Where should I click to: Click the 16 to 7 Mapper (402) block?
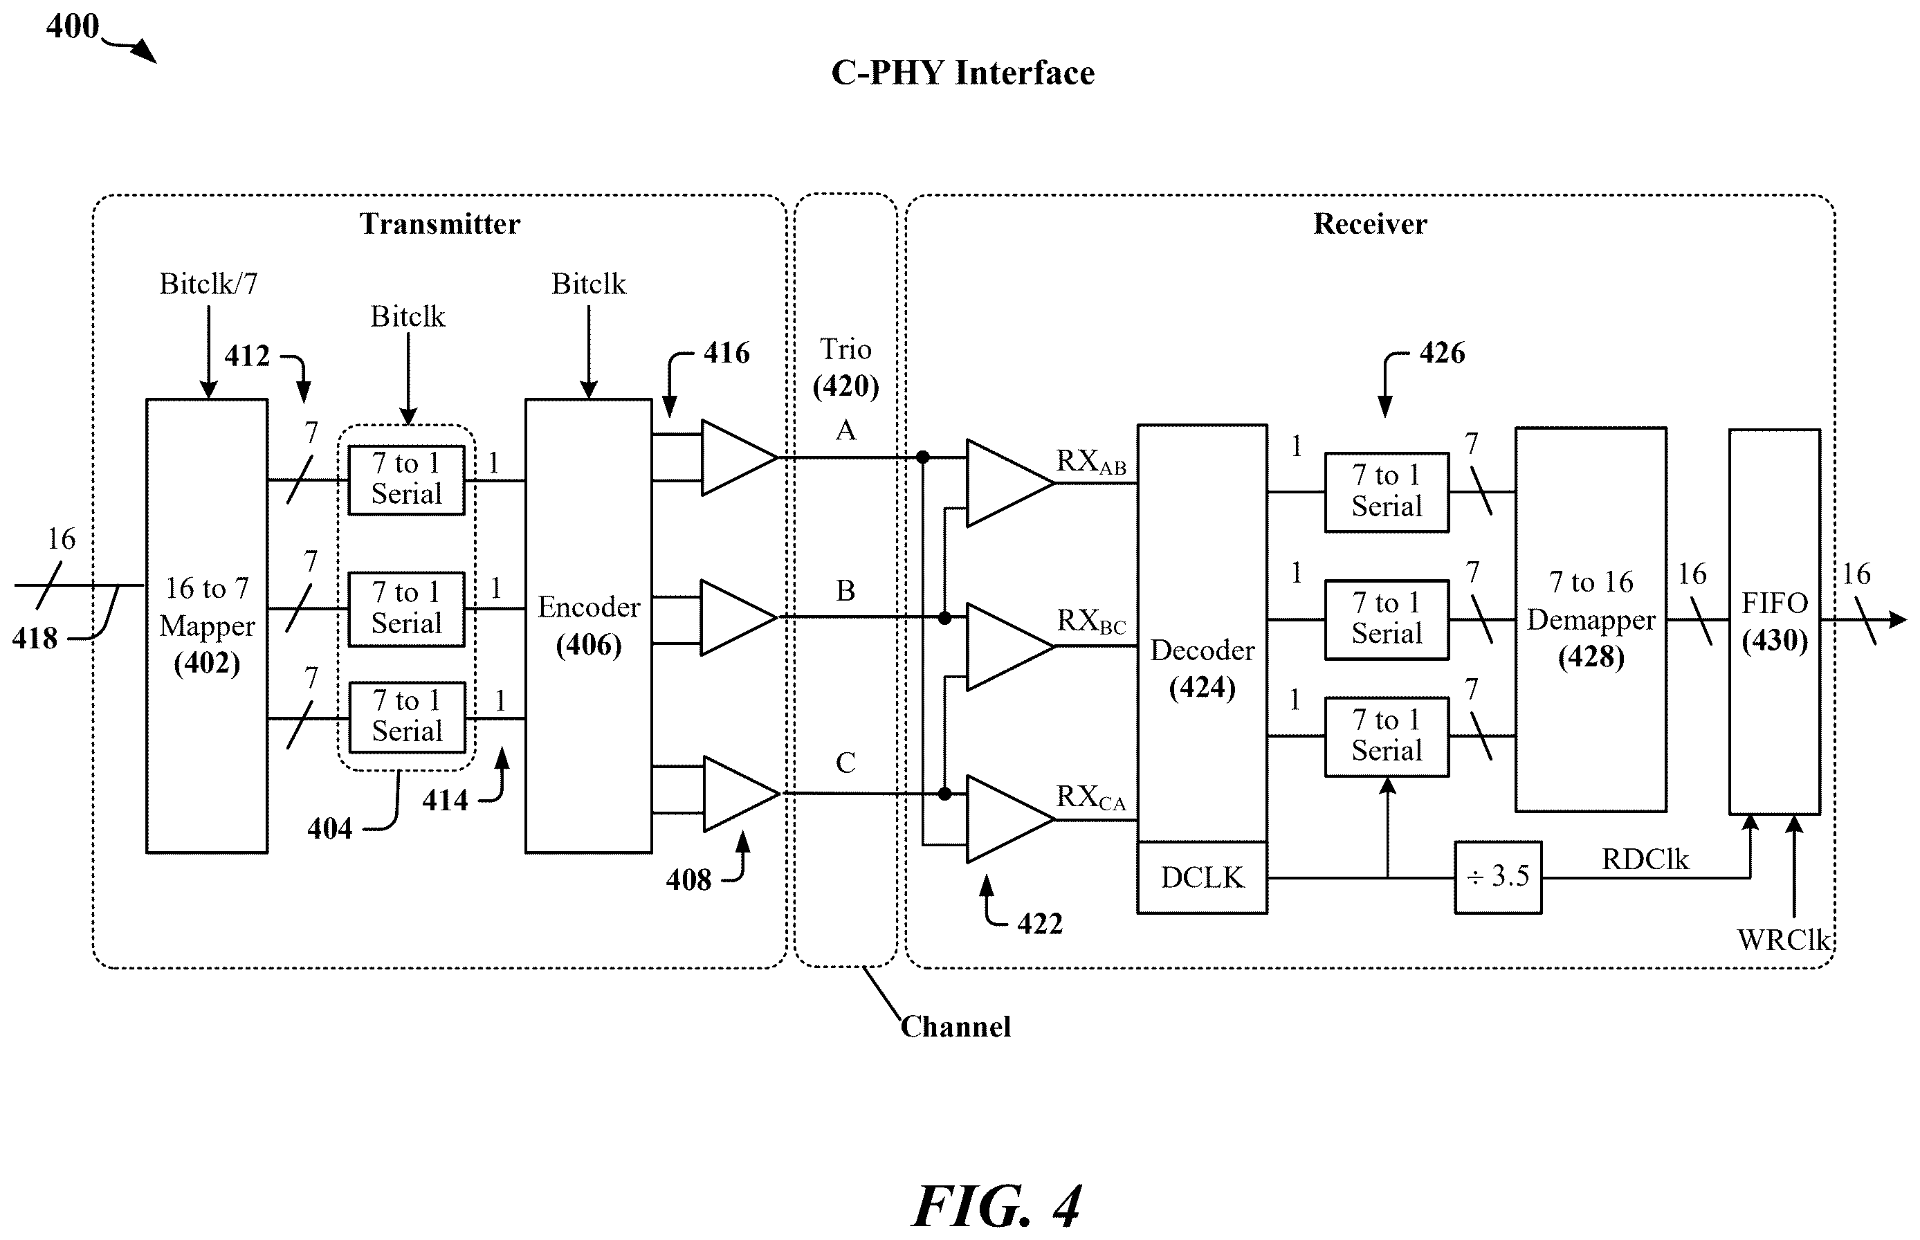pyautogui.click(x=207, y=626)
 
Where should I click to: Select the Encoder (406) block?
pyautogui.click(x=589, y=626)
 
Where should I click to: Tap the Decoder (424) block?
pyautogui.click(x=1202, y=633)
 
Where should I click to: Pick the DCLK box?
pyautogui.click(x=1202, y=877)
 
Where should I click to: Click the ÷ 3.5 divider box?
pyautogui.click(x=1498, y=877)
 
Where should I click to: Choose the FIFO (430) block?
pyautogui.click(x=1774, y=621)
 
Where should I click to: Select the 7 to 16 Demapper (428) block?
pyautogui.click(x=1591, y=619)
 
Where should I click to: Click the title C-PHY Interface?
pyautogui.click(x=963, y=73)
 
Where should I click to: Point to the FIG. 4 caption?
pyautogui.click(x=996, y=1205)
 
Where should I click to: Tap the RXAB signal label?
pyautogui.click(x=1091, y=462)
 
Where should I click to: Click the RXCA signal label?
pyautogui.click(x=1091, y=797)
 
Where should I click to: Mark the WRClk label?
pyautogui.click(x=1784, y=940)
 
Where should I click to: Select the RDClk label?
pyautogui.click(x=1645, y=859)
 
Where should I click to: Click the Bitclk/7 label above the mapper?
pyautogui.click(x=208, y=284)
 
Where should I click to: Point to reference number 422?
pyautogui.click(x=1039, y=924)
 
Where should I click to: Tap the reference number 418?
pyautogui.click(x=35, y=639)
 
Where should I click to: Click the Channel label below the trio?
pyautogui.click(x=956, y=1027)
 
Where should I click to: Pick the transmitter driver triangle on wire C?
pyautogui.click(x=740, y=793)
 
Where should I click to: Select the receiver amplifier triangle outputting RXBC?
pyautogui.click(x=1009, y=646)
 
